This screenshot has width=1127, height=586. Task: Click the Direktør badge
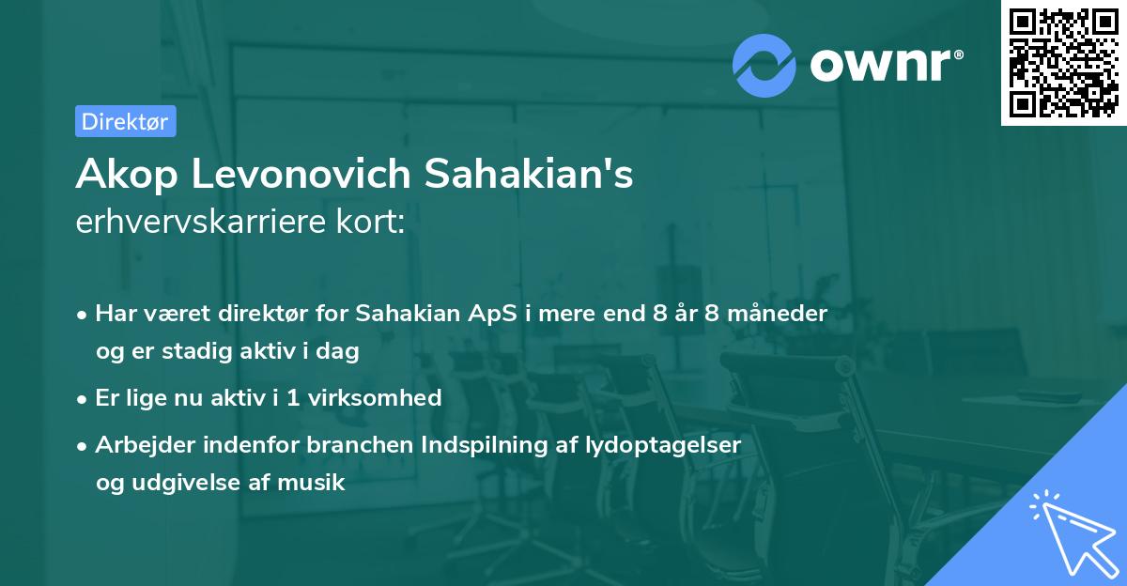click(x=125, y=121)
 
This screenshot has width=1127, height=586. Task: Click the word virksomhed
click(x=382, y=397)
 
